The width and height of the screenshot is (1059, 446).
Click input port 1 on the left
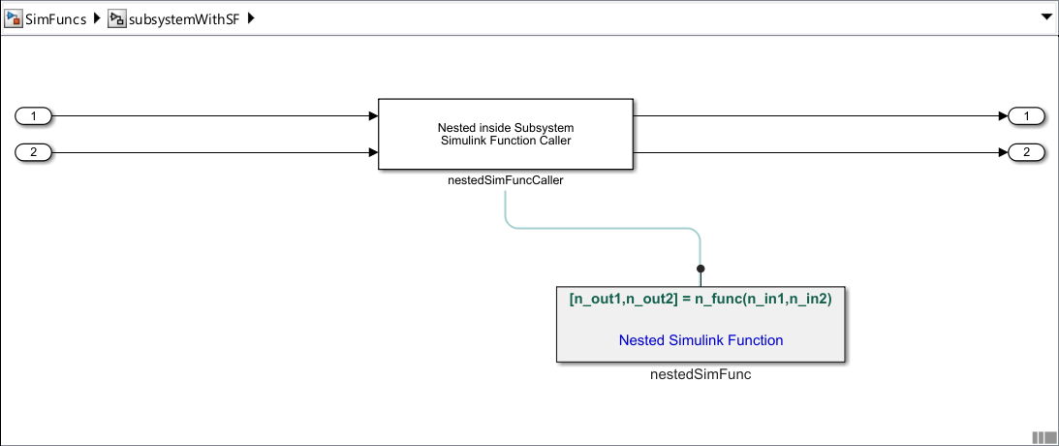point(34,116)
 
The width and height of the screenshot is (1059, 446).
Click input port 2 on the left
point(34,152)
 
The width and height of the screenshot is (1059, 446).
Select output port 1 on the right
point(1026,116)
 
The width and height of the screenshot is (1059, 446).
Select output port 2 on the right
point(1026,152)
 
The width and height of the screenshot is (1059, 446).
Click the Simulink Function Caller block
point(505,135)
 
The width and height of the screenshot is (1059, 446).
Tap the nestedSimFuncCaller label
point(505,179)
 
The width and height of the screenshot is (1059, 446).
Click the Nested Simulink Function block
point(701,325)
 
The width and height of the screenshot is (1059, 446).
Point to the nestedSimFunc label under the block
point(701,374)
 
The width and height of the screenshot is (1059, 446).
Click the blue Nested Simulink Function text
point(701,340)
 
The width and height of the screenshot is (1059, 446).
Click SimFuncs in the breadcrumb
point(62,18)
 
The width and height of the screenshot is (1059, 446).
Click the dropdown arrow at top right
point(1045,17)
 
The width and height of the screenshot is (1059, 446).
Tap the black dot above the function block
point(701,269)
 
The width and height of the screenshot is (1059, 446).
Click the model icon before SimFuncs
point(14,18)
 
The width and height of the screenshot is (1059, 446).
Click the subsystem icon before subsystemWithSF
point(116,18)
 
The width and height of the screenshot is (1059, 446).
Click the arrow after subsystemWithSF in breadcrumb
point(251,18)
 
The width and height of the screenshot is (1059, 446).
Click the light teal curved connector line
point(601,228)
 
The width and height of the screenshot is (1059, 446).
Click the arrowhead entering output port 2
point(1003,152)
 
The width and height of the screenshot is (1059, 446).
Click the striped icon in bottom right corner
point(1043,437)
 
